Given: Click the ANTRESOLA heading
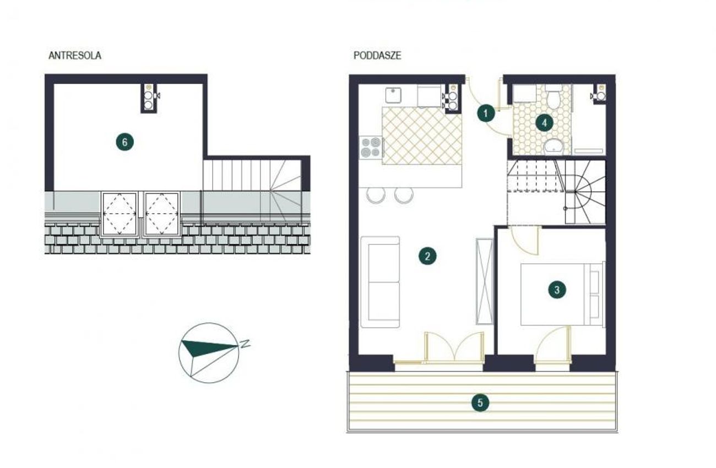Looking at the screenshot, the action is pos(75,56).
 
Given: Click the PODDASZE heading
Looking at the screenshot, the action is pos(377,56).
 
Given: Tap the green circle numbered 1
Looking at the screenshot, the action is pos(486,113).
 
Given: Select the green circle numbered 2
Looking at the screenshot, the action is pos(427,256).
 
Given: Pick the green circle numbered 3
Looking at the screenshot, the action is pos(557,290).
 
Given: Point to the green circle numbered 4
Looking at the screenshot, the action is pos(544,123).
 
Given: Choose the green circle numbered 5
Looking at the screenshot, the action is pos(480,403).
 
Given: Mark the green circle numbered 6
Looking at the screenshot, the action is pos(124,142).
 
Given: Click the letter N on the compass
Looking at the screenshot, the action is pos(245,344).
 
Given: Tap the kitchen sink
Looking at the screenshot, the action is pos(393,95).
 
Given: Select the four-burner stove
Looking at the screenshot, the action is pos(371,147).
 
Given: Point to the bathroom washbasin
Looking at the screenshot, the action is pos(554,146).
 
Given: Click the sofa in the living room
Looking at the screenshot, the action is pos(381,282).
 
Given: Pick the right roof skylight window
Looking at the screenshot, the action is pos(162,214).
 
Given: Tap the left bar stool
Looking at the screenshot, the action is pos(376,195).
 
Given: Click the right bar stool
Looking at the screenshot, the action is pos(404,195).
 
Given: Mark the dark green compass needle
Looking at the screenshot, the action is pos(207,348).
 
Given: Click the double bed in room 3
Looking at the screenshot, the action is pos(562,294).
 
